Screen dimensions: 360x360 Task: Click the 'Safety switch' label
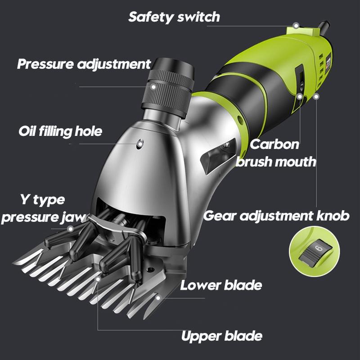coord(174,17)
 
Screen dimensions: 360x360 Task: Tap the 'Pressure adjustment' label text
coord(84,64)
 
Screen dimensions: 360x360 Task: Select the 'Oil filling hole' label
coord(60,131)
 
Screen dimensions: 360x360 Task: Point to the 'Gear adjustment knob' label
coord(276,216)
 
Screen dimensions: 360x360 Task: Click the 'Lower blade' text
coord(221,285)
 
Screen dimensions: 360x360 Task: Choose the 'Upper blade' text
coord(221,336)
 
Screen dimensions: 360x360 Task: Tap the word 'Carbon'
coord(274,144)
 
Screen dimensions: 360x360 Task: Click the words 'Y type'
coord(43,199)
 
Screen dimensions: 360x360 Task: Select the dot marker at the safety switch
coord(296,26)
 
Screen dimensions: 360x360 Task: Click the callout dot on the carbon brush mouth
coord(300,96)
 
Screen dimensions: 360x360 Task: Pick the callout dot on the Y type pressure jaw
coord(71,229)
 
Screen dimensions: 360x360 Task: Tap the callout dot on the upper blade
coord(98,279)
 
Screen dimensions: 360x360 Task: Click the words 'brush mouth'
coord(276,162)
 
